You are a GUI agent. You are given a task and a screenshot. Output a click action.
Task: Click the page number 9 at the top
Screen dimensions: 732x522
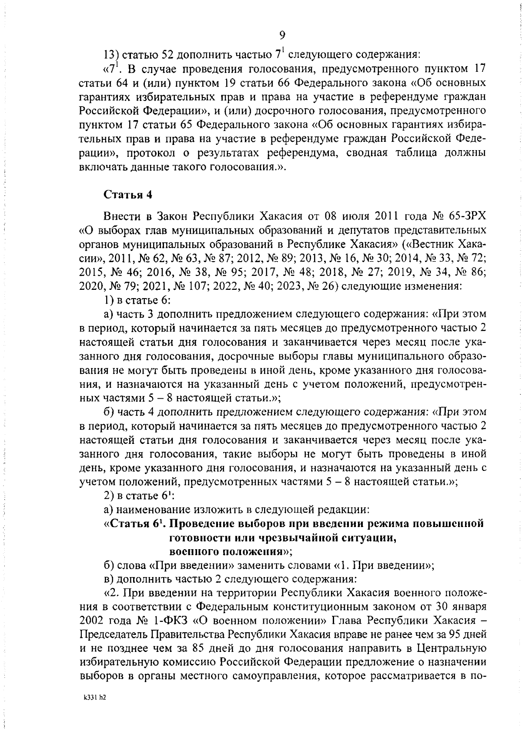(x=282, y=35)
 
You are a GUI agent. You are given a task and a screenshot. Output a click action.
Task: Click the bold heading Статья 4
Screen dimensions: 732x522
(x=127, y=195)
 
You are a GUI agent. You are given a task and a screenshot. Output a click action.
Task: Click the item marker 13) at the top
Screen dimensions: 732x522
(x=111, y=54)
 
